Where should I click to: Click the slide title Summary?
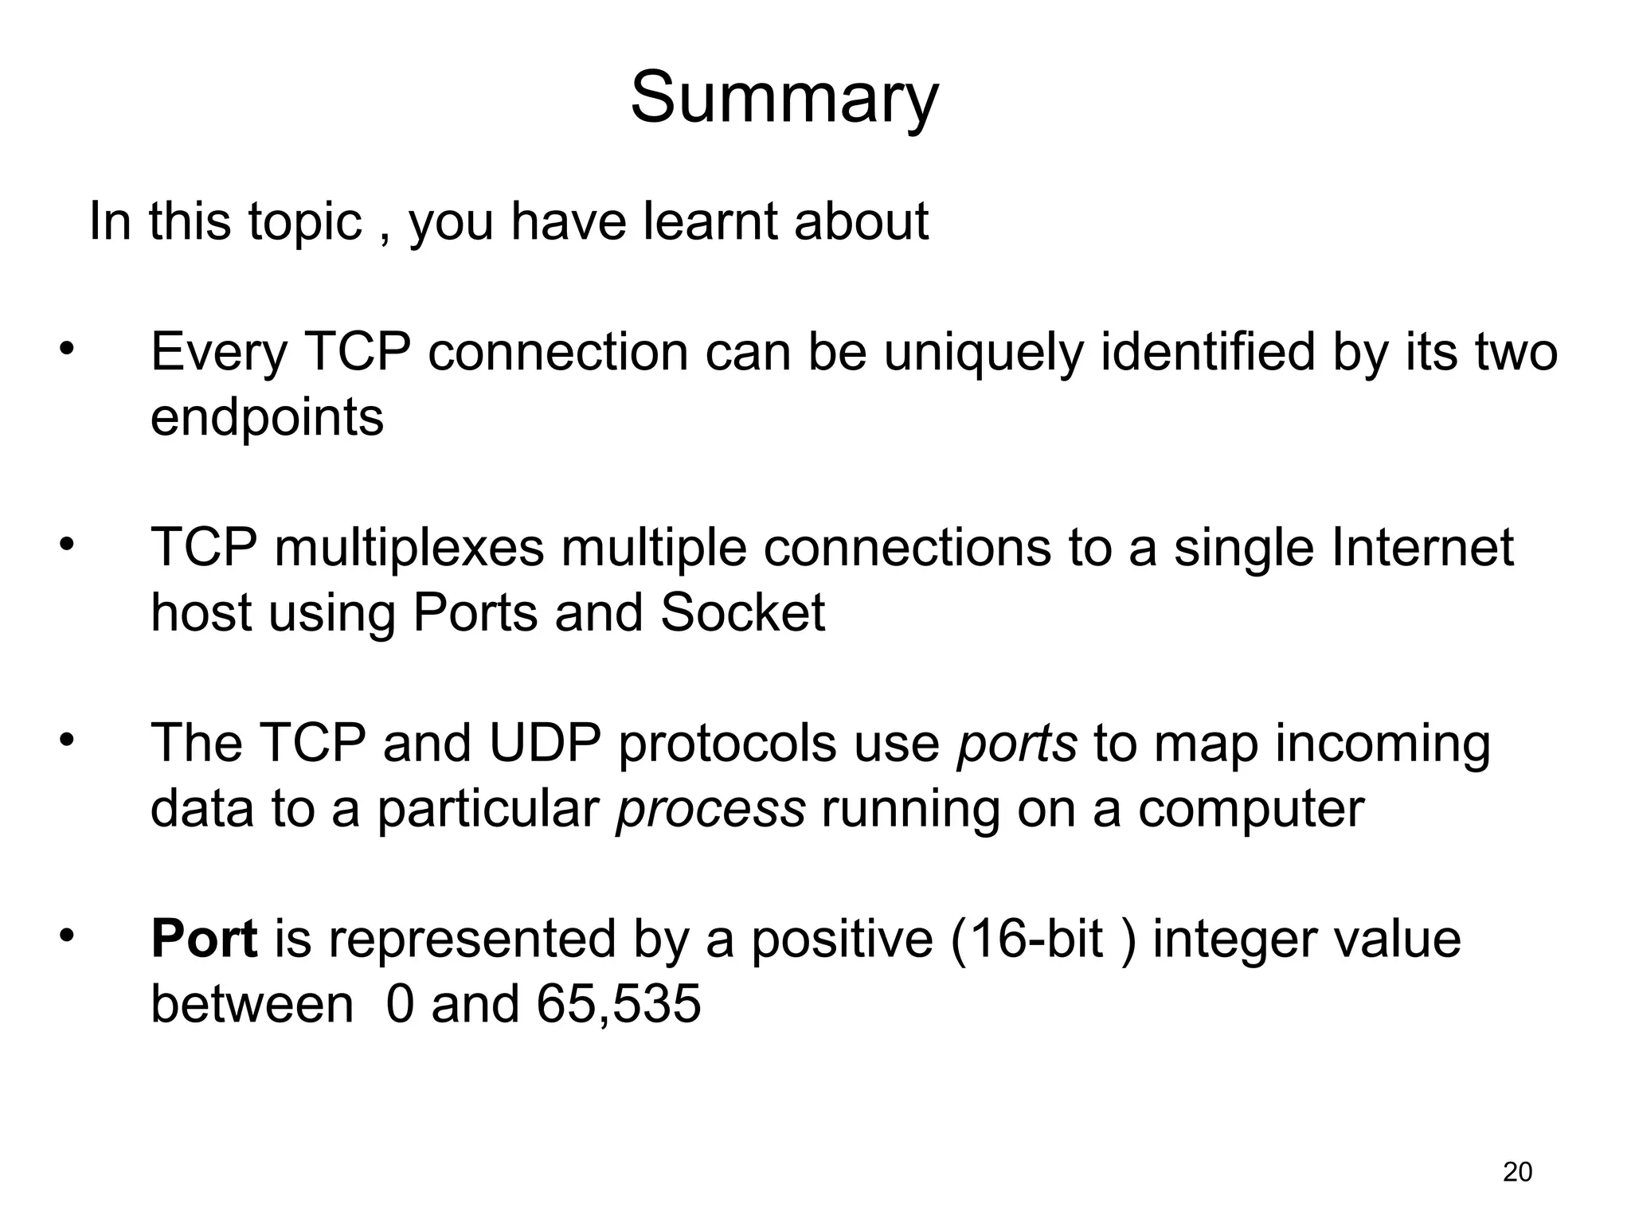784,98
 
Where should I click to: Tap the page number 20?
1517,1171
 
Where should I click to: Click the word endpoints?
267,417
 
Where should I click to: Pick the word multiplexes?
409,548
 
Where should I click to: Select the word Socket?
742,613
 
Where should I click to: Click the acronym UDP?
544,743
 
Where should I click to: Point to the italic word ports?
1016,744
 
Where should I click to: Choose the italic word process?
710,810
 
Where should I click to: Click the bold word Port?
204,939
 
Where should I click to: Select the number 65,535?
618,1004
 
